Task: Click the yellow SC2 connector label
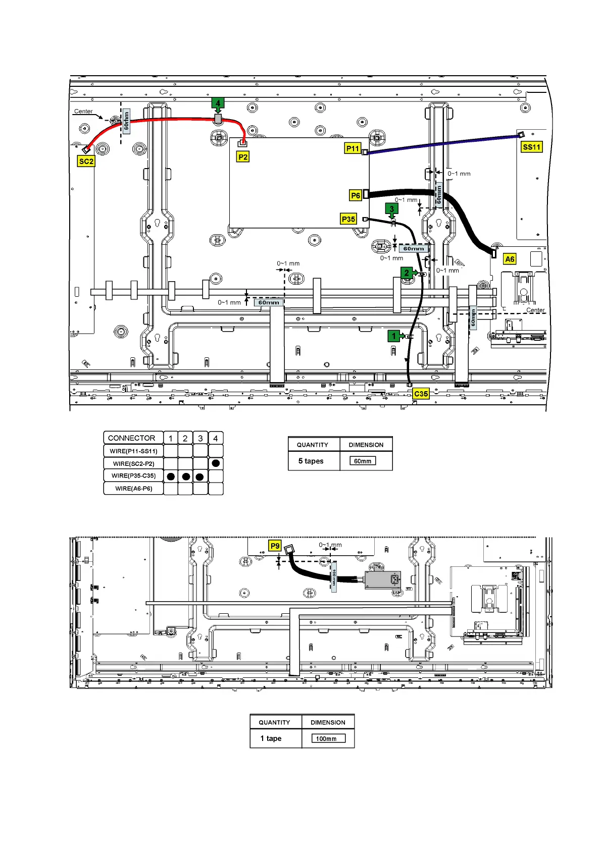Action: (86, 162)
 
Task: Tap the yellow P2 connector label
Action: (243, 157)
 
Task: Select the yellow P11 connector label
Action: (353, 148)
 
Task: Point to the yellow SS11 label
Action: (531, 147)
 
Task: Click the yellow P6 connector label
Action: (356, 195)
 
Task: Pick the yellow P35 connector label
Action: (348, 219)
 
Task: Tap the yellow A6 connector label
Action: (510, 259)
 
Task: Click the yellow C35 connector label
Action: (421, 394)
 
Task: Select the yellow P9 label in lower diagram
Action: (275, 546)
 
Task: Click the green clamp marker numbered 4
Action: (218, 103)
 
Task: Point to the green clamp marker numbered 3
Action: (391, 208)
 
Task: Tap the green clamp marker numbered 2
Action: (407, 273)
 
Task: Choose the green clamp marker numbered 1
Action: (394, 336)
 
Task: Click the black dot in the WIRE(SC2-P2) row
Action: (216, 463)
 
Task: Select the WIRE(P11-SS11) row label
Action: (133, 451)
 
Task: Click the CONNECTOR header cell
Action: (132, 438)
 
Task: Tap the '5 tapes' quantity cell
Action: (311, 461)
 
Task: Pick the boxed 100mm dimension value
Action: (326, 738)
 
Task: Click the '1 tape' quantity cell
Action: (271, 738)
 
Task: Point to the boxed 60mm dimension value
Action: (363, 461)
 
